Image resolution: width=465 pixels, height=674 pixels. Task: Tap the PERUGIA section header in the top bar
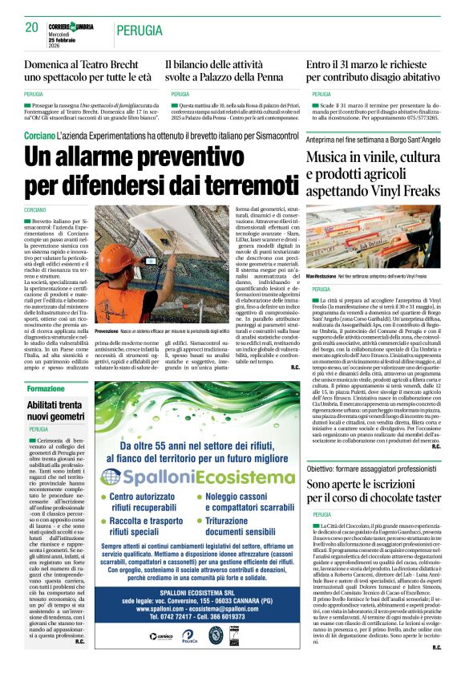[x=139, y=30]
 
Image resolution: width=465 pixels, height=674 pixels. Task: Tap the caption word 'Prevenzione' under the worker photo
[x=111, y=331]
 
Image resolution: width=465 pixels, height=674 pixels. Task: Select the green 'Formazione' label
[x=46, y=388]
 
